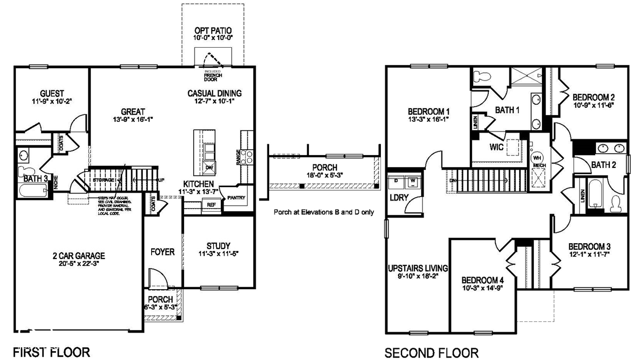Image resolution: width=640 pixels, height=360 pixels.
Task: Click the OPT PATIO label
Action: click(x=213, y=30)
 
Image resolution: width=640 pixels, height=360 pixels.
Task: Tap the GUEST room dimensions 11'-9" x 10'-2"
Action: click(x=52, y=101)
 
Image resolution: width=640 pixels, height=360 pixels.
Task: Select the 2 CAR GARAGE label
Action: click(x=79, y=255)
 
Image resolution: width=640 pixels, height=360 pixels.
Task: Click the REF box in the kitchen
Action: click(x=211, y=205)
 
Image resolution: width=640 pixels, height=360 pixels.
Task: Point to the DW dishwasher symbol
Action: click(x=209, y=168)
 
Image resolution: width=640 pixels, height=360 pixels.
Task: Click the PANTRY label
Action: click(x=236, y=198)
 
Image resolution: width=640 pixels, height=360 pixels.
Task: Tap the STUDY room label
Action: click(x=218, y=246)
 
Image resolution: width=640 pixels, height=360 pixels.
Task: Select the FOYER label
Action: click(x=162, y=252)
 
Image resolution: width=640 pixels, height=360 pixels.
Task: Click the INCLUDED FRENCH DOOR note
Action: click(x=213, y=76)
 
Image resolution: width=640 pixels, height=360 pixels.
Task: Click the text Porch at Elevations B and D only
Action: click(x=324, y=212)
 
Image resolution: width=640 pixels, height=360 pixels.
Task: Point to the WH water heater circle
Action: click(x=537, y=158)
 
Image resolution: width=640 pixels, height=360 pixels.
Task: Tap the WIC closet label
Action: click(x=496, y=147)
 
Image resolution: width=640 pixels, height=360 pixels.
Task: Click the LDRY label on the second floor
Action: click(x=399, y=197)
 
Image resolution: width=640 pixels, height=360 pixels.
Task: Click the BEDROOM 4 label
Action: click(x=482, y=280)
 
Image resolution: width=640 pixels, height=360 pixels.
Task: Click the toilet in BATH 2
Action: click(x=615, y=204)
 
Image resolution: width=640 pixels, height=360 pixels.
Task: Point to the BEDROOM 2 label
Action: click(x=593, y=97)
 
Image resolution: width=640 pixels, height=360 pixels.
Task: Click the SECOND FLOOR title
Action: click(x=431, y=353)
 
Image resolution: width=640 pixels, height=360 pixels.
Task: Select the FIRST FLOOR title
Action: click(x=51, y=352)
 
